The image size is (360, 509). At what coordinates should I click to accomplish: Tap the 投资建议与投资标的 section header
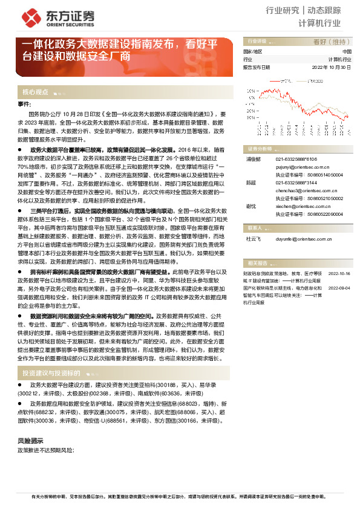pyautogui.click(x=51, y=374)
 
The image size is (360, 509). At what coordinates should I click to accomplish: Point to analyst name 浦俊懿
pyautogui.click(x=253, y=159)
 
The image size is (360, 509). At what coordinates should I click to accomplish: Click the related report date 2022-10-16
pyautogui.click(x=339, y=256)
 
